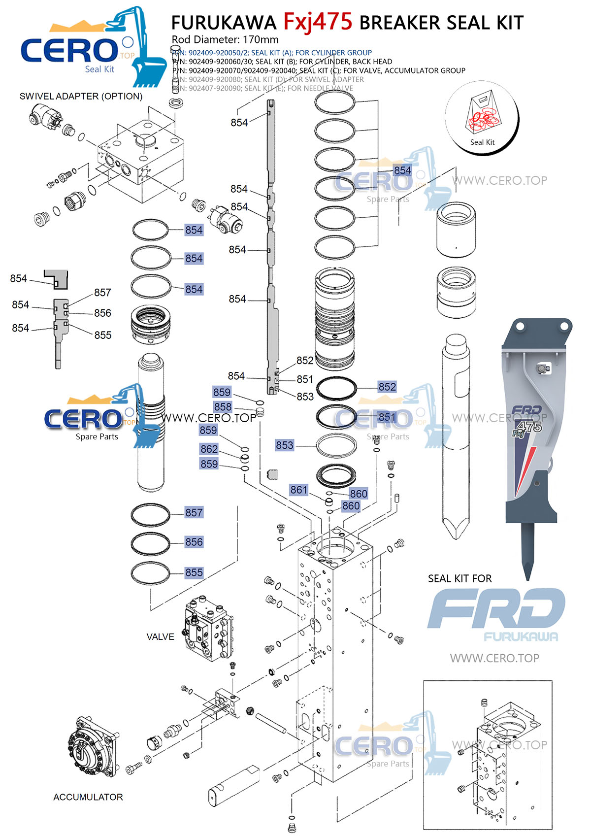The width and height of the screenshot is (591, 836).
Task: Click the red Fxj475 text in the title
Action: (318, 22)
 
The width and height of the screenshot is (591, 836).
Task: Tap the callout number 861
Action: (298, 490)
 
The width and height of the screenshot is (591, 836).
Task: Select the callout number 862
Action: (209, 449)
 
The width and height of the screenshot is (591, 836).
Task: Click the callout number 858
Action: (223, 407)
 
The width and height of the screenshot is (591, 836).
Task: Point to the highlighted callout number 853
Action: (285, 445)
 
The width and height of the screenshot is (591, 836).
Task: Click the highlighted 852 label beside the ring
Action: (387, 387)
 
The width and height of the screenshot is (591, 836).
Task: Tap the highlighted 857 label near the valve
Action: (194, 513)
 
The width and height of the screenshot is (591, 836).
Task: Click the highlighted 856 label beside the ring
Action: (194, 542)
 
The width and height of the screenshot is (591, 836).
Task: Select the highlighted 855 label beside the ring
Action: (194, 573)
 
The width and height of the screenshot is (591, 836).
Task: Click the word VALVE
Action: (160, 636)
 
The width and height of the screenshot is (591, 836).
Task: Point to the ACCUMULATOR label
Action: (88, 797)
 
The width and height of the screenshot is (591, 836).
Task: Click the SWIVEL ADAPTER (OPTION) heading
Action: (81, 96)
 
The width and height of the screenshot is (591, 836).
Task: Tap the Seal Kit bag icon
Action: (482, 116)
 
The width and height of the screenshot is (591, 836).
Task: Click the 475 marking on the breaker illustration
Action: (530, 427)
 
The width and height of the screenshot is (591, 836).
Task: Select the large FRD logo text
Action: (496, 608)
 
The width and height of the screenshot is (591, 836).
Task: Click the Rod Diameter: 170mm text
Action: (225, 39)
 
